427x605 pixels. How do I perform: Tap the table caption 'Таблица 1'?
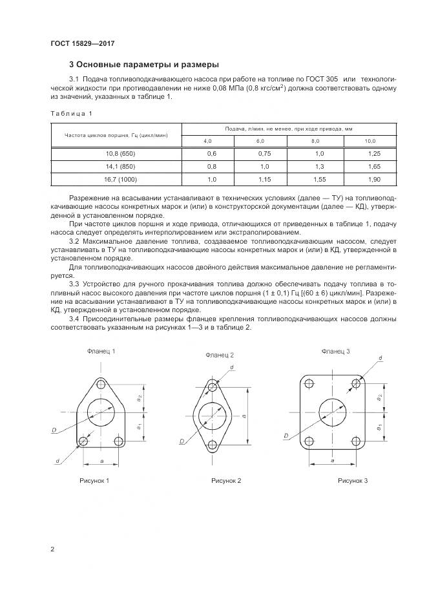[x=71, y=114]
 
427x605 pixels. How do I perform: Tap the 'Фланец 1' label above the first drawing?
[x=101, y=351]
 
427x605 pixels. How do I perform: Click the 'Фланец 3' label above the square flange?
[x=335, y=351]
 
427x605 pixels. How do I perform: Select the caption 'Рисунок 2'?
[x=226, y=481]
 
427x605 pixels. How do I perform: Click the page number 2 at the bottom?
[x=52, y=549]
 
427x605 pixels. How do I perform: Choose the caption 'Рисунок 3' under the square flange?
[x=353, y=481]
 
